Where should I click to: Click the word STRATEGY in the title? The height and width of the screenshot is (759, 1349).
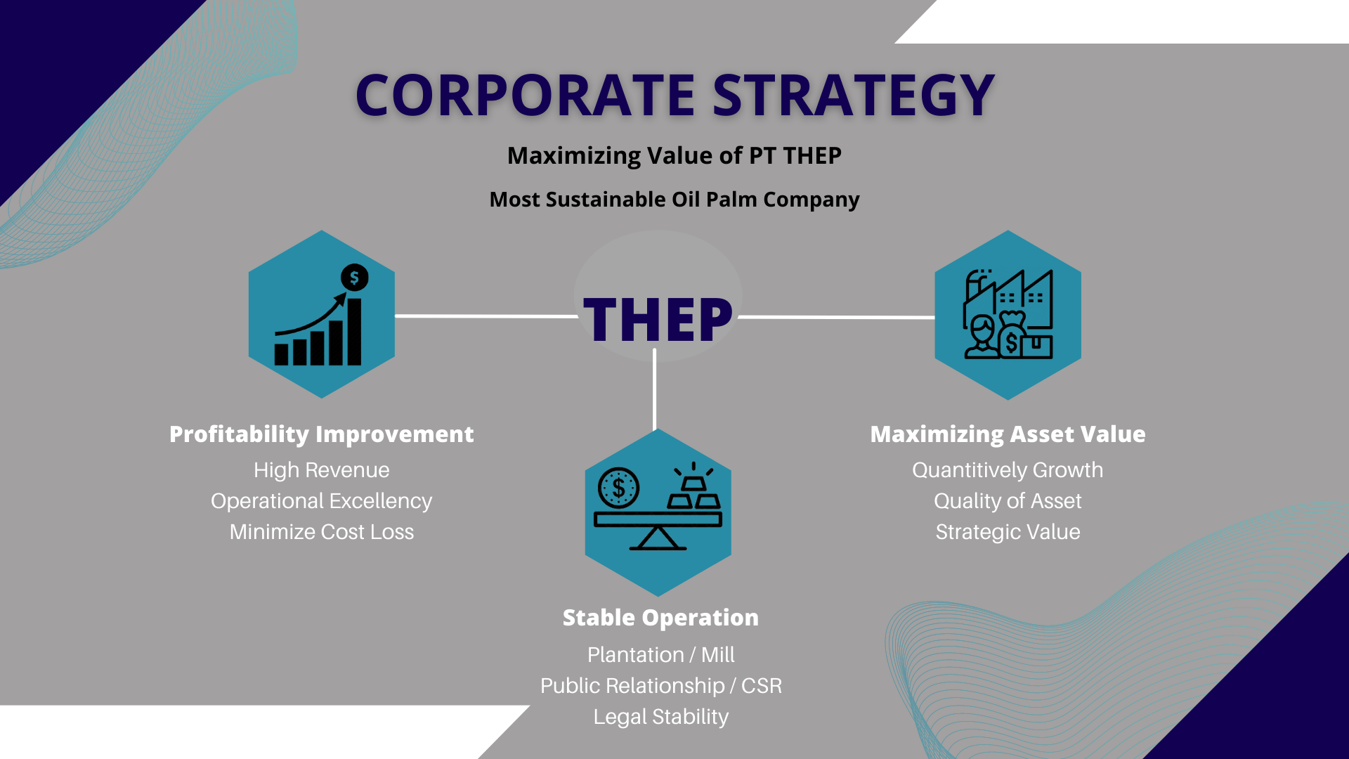coord(854,95)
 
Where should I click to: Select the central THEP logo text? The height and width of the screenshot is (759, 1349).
coord(658,320)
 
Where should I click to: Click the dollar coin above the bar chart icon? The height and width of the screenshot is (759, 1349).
coord(354,278)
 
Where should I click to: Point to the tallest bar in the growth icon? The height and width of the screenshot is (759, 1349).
coord(354,332)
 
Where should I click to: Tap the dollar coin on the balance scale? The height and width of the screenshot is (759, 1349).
coord(618,488)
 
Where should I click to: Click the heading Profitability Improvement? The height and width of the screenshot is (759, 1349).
coord(322,434)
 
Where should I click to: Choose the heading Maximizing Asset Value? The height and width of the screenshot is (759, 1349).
coord(1008,434)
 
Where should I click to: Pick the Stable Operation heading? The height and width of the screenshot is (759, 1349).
coord(660,618)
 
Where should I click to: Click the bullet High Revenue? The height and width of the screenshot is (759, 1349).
coord(322,470)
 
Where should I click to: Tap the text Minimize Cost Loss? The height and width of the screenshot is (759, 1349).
coord(322,532)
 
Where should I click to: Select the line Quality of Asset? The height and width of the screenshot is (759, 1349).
coord(1008,501)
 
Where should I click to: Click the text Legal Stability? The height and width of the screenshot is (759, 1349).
coord(661,717)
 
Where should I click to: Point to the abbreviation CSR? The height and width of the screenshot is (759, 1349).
coord(762,686)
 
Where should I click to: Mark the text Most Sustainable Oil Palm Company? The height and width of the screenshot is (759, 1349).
coord(674,200)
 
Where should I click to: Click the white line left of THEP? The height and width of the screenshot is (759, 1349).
coord(486,316)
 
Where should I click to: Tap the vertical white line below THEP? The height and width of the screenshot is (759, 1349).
coord(655,389)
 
